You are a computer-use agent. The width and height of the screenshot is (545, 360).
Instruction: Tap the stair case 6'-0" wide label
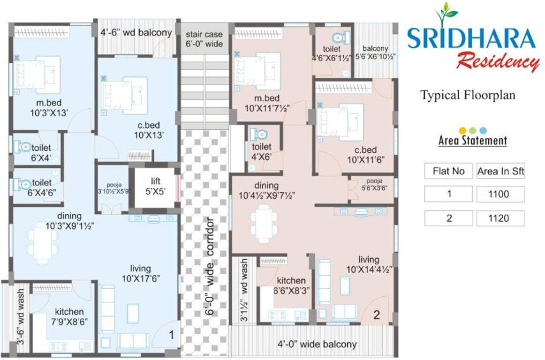coord(204,39)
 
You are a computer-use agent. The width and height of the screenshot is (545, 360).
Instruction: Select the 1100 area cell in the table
coord(500,194)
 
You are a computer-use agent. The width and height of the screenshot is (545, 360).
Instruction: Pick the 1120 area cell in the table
coord(500,218)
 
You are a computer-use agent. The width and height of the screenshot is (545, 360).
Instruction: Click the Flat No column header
coord(448,171)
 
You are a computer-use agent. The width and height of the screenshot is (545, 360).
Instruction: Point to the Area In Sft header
coord(500,171)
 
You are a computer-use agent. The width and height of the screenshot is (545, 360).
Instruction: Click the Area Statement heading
coord(472,140)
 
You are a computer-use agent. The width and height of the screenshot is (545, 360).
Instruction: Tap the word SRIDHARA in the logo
coord(471,39)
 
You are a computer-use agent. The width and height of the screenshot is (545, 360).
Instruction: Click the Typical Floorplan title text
coord(468,95)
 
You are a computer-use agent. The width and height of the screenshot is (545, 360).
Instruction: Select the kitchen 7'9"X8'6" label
coord(69,316)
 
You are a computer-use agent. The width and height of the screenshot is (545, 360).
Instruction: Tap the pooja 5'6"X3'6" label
coord(371,184)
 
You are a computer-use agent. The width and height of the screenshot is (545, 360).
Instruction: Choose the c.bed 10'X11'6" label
coord(365,154)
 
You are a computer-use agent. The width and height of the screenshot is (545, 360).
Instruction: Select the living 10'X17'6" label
coord(141,273)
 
